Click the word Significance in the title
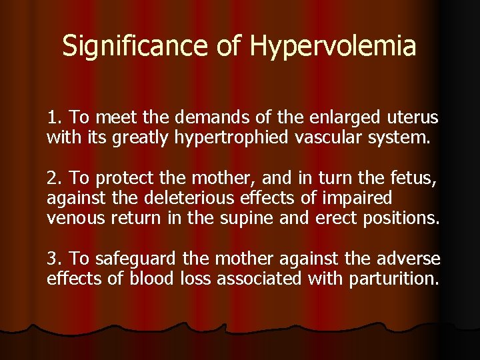137,46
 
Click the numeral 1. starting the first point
55,118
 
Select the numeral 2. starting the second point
55,178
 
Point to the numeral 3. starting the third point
55,259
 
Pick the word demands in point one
207,118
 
